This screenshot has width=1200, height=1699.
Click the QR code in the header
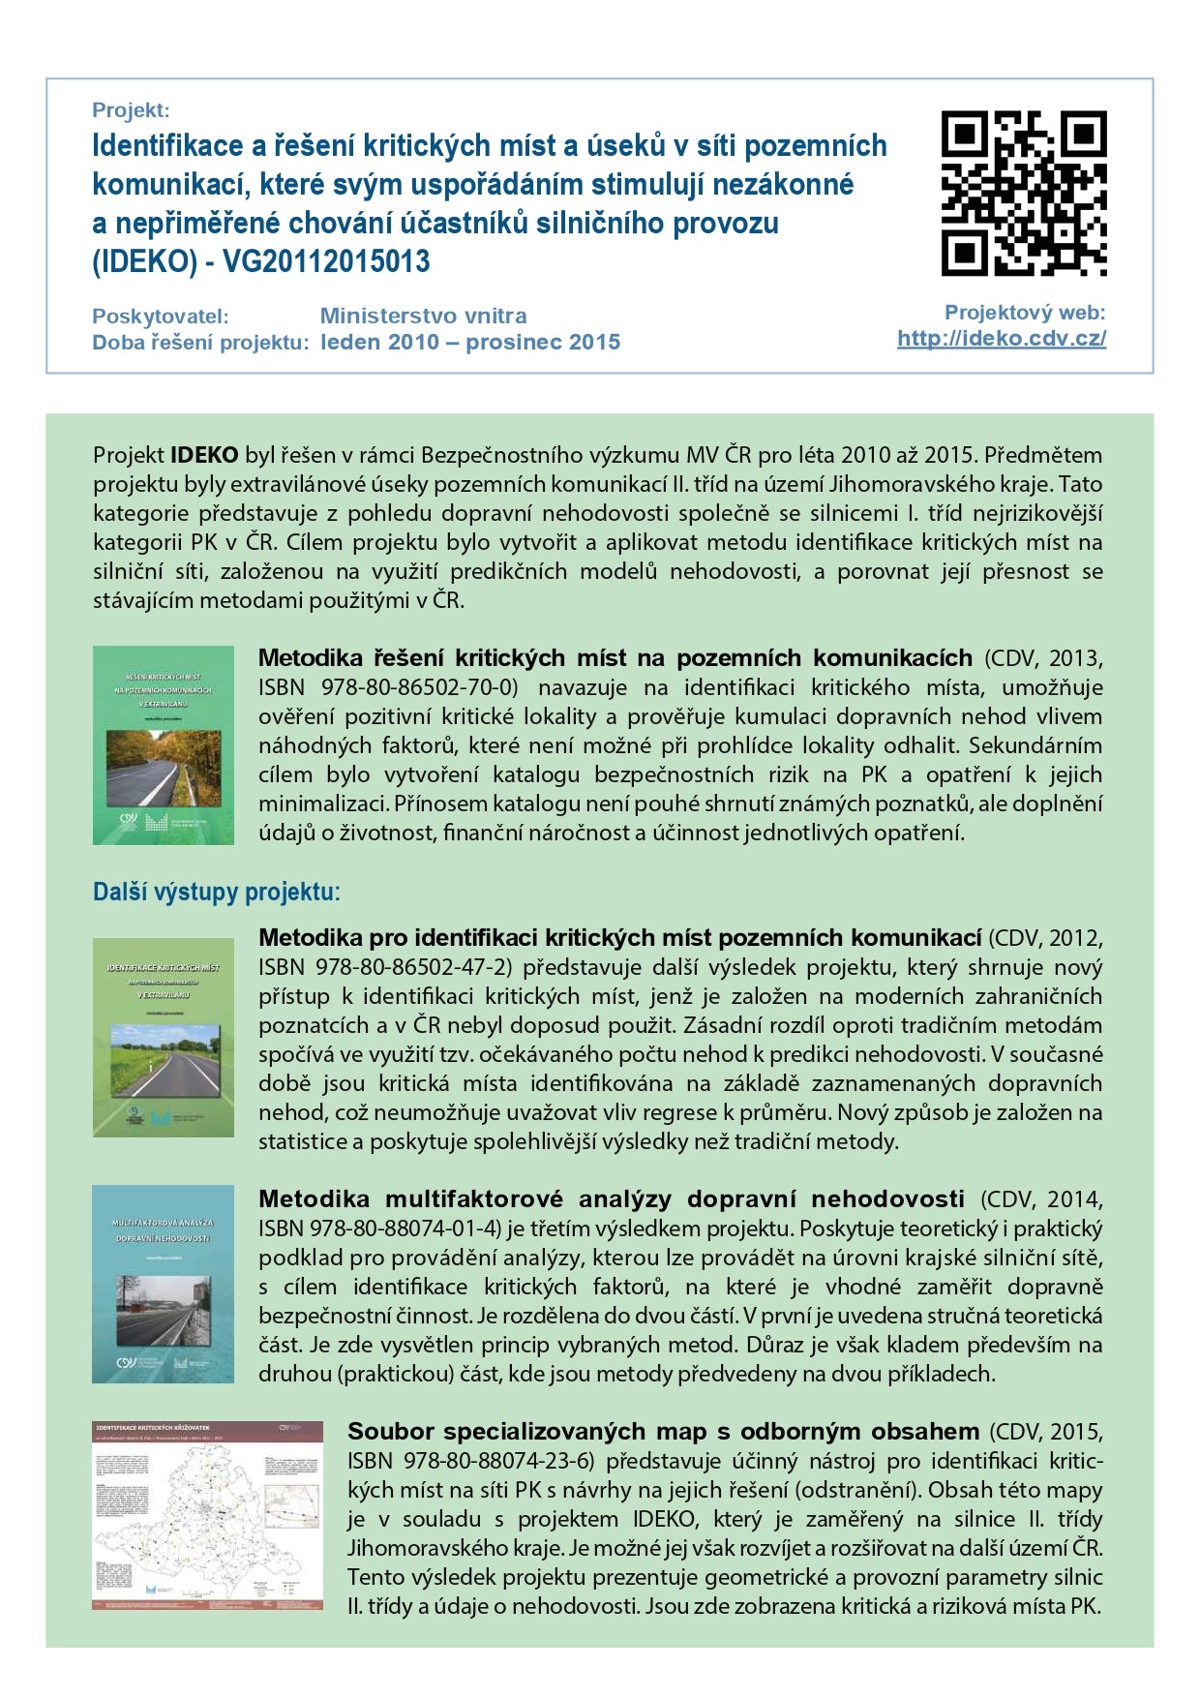click(x=1024, y=194)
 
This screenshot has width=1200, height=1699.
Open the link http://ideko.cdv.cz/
click(x=1002, y=339)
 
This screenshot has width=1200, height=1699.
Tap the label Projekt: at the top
click(x=131, y=110)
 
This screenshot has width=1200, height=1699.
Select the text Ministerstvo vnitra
click(x=423, y=316)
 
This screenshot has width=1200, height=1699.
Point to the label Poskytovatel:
click(x=160, y=317)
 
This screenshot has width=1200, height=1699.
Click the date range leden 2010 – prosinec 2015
click(x=470, y=342)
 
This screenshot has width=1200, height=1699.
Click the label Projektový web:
click(x=1024, y=313)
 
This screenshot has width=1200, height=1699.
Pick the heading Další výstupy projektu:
click(x=216, y=892)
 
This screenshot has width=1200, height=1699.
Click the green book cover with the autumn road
click(x=164, y=745)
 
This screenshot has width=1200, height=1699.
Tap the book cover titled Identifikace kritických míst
click(x=164, y=1037)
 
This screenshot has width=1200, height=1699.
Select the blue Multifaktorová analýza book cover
click(x=164, y=1284)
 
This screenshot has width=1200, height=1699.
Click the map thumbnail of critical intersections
click(x=207, y=1515)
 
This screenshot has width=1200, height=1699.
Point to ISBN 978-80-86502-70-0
click(x=388, y=687)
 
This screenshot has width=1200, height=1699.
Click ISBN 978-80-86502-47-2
click(x=388, y=967)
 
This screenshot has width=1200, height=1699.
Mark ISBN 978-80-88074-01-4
click(x=380, y=1229)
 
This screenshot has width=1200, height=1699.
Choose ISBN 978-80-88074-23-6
click(x=470, y=1461)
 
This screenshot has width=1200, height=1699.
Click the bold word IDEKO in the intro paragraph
click(x=204, y=455)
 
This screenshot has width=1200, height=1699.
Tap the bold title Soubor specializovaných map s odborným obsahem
click(x=663, y=1432)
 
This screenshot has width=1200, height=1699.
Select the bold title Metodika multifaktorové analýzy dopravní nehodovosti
click(x=611, y=1199)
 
